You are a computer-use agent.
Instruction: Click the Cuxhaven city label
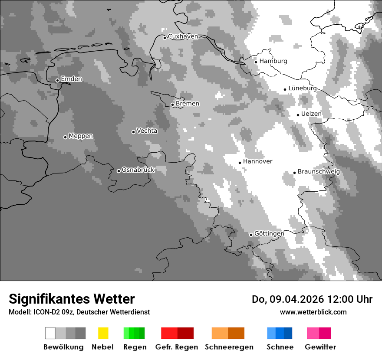pos(183,36)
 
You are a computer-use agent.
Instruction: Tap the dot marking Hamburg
pos(256,62)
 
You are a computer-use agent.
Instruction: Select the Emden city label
pos(71,79)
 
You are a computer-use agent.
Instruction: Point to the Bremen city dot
pos(172,105)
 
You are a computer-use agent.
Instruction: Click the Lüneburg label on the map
pos(303,88)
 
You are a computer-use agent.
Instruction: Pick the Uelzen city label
pos(311,114)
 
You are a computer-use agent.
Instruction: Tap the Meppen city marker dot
pos(65,137)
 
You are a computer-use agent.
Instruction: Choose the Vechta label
pos(147,131)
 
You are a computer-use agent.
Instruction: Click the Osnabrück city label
pos(138,170)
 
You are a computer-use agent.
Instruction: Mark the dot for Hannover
pos(240,163)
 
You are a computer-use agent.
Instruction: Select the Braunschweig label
pos(319,172)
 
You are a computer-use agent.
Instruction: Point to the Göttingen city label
pos(269,233)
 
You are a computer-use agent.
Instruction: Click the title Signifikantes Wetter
pos(72,299)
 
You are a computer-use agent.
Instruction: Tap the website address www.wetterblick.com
pos(313,312)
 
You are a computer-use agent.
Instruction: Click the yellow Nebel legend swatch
pos(103,333)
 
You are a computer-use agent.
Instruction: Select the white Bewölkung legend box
pos(50,333)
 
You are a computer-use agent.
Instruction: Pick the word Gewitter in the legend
pos(320,347)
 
